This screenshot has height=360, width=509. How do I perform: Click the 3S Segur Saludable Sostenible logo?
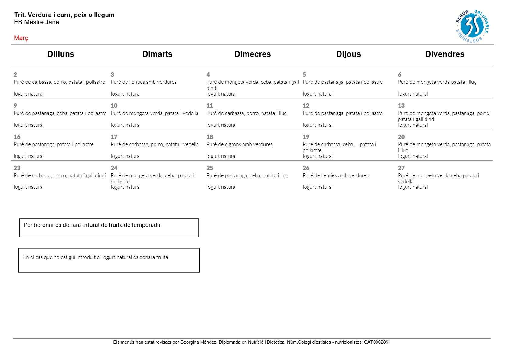(x=472, y=26)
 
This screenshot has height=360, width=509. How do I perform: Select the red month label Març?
(x=21, y=38)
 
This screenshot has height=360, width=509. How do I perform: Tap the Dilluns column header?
(x=61, y=54)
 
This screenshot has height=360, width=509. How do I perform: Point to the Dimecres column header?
(x=253, y=54)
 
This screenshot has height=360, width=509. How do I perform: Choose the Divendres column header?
(x=445, y=54)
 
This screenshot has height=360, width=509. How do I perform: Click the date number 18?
(x=210, y=137)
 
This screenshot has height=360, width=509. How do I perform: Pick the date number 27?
(x=401, y=168)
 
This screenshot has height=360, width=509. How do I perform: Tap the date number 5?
(x=304, y=74)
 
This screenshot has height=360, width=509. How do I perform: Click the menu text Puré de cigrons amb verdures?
(x=240, y=144)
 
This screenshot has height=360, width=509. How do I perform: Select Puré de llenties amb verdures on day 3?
(x=144, y=82)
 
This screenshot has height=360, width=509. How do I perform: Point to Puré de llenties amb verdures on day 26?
(x=336, y=175)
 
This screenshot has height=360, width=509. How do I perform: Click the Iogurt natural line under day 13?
(x=413, y=125)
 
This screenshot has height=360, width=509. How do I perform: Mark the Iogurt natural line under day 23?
(x=29, y=187)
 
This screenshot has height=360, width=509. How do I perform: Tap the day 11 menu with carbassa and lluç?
(x=246, y=113)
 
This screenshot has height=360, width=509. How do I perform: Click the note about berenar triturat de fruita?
(x=92, y=225)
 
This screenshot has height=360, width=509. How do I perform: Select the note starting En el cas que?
(x=96, y=257)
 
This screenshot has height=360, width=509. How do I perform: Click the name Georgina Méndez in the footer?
(x=198, y=342)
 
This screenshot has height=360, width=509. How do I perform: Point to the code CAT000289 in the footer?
(x=376, y=342)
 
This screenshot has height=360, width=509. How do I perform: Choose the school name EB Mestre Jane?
(x=37, y=22)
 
